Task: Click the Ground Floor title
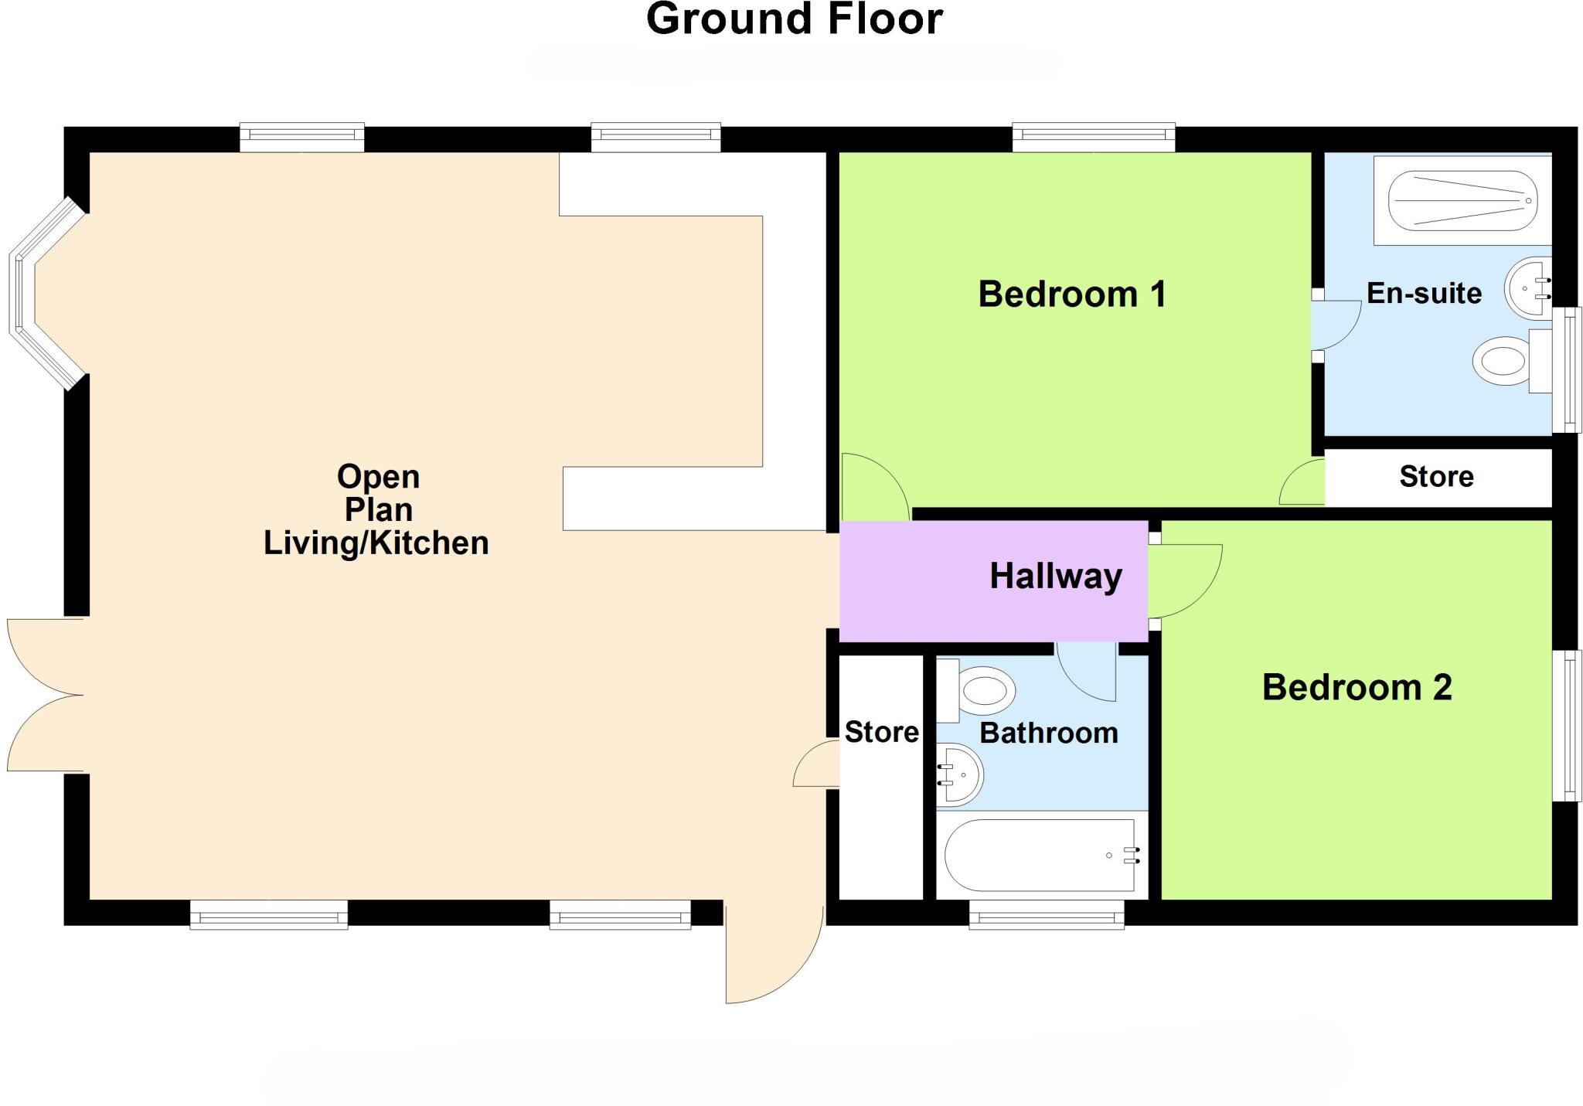tap(794, 19)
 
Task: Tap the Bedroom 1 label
tap(1072, 294)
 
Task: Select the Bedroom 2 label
tap(1357, 687)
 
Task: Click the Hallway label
tap(1055, 577)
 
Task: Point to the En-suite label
tap(1424, 294)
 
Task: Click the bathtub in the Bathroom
tap(1040, 855)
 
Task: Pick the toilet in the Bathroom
tap(982, 690)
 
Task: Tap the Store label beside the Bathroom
tap(881, 732)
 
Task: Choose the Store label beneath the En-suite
tap(1436, 477)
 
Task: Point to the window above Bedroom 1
tap(1093, 137)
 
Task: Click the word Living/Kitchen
tap(376, 543)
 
